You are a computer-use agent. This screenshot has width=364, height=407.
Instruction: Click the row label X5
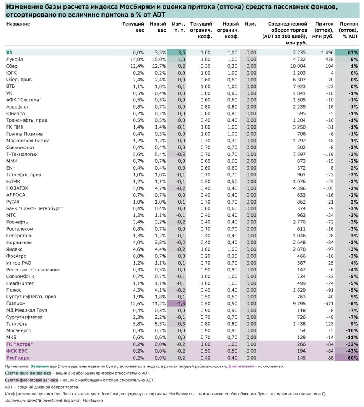coord(10,53)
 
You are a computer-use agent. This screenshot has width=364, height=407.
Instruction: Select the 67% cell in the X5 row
coord(349,53)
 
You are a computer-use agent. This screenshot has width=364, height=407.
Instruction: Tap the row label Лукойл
coord(14,60)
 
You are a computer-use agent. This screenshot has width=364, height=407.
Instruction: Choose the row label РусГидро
coord(18,358)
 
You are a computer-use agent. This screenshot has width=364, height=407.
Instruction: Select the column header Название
coord(18,24)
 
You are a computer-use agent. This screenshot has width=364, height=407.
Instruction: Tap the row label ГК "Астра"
coord(20,344)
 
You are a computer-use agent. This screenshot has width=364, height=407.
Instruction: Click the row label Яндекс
coord(14,249)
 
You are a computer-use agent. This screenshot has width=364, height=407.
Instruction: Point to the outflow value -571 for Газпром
coord(328,304)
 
